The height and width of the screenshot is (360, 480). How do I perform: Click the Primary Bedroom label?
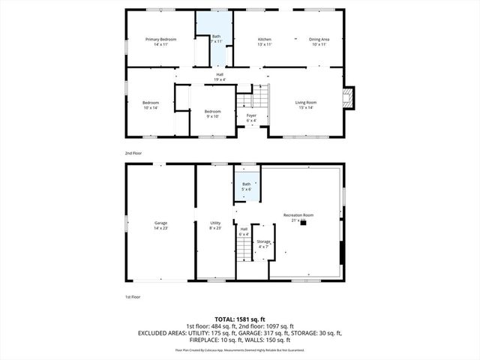[x=161, y=39]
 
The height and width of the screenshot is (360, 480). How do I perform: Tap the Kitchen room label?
[x=265, y=39]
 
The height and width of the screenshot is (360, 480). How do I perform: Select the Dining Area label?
[x=320, y=39]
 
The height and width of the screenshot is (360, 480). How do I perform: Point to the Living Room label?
[x=304, y=103]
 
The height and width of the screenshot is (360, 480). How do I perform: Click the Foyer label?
[x=251, y=115]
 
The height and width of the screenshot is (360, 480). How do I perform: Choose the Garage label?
[x=160, y=223]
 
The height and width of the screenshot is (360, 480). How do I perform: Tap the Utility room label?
[x=215, y=223]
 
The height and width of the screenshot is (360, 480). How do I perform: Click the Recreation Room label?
[x=298, y=215]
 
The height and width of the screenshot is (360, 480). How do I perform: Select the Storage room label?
[x=263, y=241]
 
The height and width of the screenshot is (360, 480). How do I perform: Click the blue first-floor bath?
[x=246, y=187]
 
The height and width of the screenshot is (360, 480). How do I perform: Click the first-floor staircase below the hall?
[x=244, y=253]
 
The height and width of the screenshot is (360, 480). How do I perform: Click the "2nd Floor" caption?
[x=133, y=153]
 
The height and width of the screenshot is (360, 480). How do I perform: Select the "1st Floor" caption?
[x=133, y=297]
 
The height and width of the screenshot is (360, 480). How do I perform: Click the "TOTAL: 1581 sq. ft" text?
[x=240, y=318]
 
